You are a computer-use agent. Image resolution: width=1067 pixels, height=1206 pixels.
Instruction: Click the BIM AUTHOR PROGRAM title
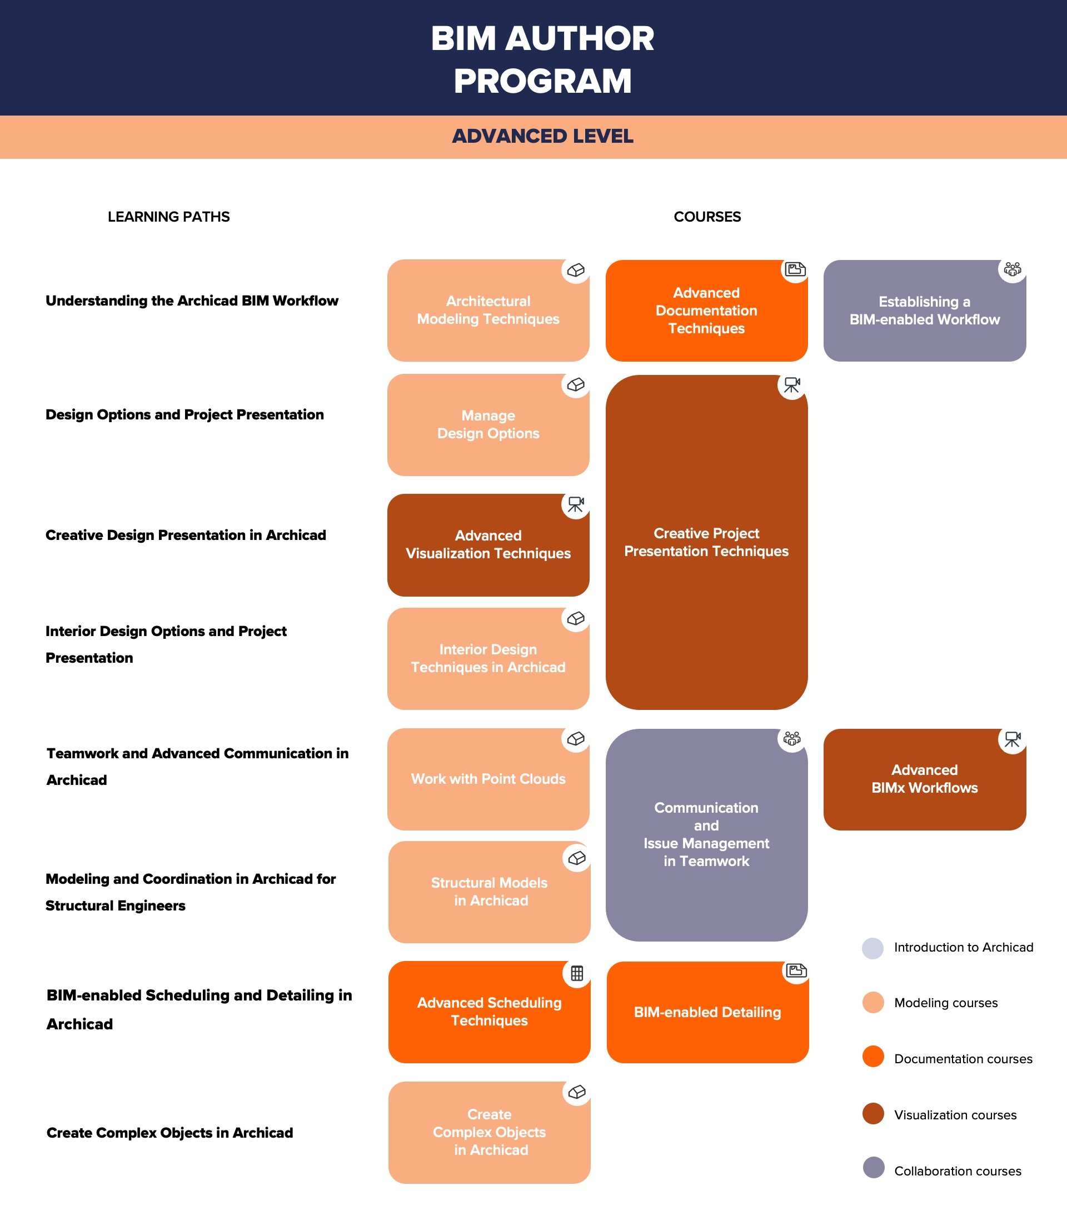[542, 59]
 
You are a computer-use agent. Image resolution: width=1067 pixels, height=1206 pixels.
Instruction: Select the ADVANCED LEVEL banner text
[542, 136]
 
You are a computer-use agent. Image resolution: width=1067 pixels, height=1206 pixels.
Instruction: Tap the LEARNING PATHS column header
[168, 217]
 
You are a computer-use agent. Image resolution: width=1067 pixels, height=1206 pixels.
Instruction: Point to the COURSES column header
[706, 217]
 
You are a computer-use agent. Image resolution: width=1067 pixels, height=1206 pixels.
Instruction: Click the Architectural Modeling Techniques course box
[488, 311]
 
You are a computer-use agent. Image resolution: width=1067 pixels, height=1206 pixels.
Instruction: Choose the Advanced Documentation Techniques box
[706, 311]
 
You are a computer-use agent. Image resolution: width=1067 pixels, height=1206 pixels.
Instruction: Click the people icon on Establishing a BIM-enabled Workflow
[1012, 269]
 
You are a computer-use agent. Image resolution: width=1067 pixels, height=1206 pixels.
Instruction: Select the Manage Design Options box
[488, 425]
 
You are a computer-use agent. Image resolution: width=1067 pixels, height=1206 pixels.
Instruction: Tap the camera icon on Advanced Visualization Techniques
[575, 504]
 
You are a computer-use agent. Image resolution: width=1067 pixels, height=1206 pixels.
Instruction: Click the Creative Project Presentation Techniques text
[706, 542]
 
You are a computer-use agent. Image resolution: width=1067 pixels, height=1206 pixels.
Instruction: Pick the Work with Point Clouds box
[488, 779]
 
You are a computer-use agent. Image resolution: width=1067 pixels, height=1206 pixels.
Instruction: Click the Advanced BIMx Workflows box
[924, 779]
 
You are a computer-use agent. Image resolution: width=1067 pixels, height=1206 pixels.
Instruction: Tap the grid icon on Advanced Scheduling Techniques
[577, 973]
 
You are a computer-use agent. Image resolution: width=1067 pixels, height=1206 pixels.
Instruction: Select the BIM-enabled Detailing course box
[707, 1012]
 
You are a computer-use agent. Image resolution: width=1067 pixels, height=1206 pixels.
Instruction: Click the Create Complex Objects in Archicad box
[489, 1132]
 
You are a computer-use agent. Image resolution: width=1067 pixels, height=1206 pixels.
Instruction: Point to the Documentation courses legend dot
[873, 1056]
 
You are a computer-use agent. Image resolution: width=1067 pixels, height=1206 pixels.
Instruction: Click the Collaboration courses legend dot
[873, 1167]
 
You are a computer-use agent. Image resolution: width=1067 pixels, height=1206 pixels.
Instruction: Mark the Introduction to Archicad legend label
[963, 948]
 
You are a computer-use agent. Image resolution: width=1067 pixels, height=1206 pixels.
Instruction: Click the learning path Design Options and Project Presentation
[185, 415]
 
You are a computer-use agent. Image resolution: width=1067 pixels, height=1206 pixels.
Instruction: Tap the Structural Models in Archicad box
[489, 892]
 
